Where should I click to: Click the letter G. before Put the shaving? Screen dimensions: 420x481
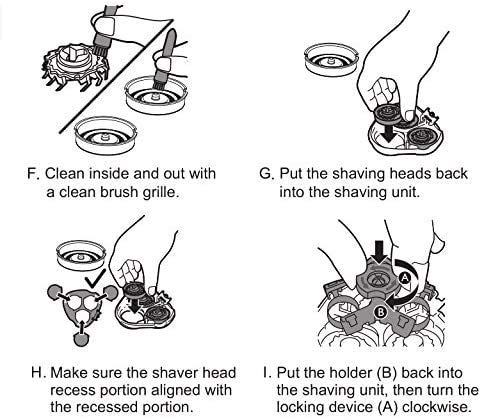click(x=266, y=174)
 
